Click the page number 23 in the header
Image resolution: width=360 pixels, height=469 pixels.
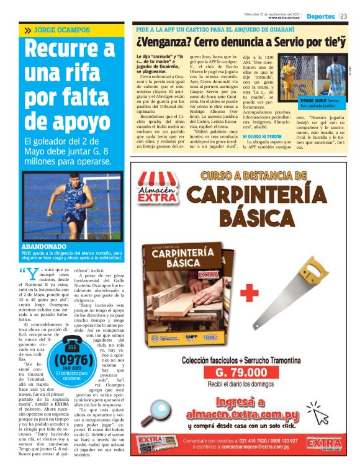(344, 16)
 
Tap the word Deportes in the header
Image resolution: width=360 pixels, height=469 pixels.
(320, 16)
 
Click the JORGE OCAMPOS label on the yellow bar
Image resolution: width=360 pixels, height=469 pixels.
(61, 30)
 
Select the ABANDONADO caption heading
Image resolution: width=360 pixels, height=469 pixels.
(43, 246)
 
